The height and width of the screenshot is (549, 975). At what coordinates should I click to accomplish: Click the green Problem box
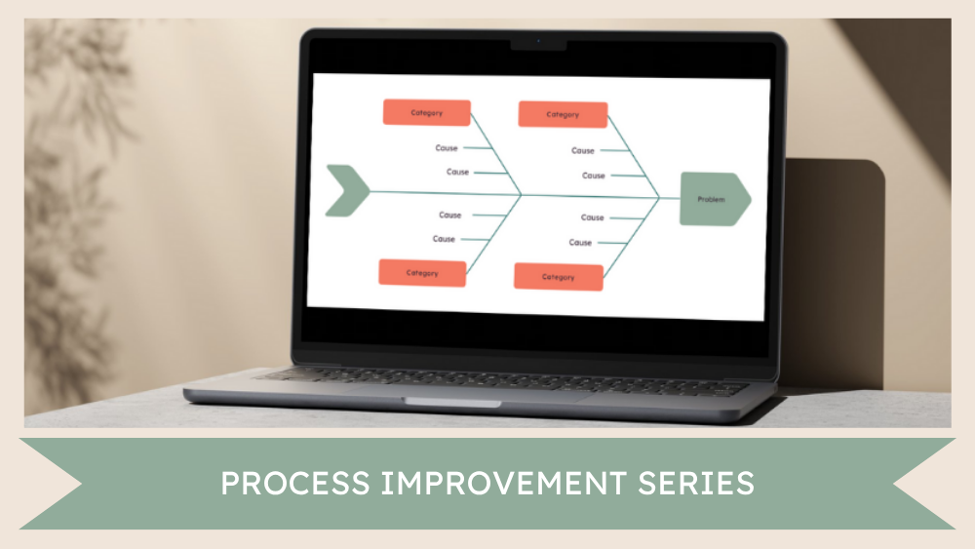715,199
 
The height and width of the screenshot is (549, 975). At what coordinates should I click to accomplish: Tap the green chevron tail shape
346,190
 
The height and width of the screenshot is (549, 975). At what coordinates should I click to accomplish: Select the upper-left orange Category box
426,113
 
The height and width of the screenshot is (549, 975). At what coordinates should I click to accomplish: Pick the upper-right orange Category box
563,115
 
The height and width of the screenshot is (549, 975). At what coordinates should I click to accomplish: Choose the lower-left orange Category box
422,273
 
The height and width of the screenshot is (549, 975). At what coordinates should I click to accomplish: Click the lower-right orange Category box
559,277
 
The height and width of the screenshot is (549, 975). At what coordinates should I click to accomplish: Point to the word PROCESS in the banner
290,484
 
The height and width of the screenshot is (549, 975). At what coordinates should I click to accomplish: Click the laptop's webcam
537,43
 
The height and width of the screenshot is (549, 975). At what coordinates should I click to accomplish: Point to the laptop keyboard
507,379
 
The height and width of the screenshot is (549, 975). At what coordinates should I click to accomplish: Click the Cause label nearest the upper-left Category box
447,148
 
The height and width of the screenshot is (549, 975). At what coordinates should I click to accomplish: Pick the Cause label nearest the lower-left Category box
445,239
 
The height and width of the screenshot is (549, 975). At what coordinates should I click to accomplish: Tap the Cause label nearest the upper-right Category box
583,150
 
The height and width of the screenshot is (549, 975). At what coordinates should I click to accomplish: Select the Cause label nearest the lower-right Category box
581,243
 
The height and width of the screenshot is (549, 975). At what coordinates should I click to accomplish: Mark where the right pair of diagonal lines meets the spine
659,198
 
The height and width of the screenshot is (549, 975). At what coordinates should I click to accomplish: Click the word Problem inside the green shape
711,200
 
